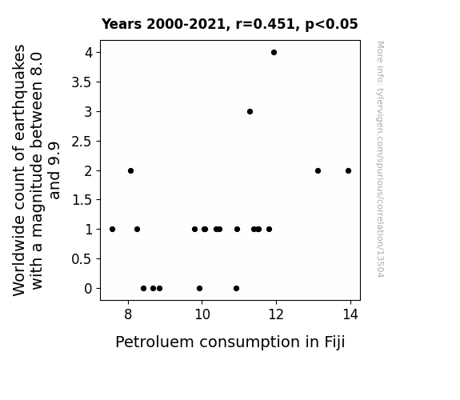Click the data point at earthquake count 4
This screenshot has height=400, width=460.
(274, 53)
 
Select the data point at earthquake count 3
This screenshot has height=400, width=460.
(250, 111)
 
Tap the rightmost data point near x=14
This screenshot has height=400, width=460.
(348, 170)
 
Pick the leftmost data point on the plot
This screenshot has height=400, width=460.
(112, 230)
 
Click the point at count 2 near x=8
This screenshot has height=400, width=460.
(131, 170)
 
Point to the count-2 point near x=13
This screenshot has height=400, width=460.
(318, 170)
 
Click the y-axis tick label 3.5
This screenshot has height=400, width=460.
(82, 82)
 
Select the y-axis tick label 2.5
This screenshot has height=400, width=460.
(82, 142)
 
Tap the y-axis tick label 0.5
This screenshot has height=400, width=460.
(82, 259)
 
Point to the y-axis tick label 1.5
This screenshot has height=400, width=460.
(82, 200)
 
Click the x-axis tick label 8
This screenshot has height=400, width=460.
(128, 314)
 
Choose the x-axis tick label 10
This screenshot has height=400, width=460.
(202, 314)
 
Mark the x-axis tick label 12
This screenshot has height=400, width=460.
(276, 314)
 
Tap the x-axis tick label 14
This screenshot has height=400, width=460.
(350, 314)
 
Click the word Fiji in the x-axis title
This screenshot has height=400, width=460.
(334, 342)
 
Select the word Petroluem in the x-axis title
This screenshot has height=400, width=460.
(154, 342)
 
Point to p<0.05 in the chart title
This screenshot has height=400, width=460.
(331, 25)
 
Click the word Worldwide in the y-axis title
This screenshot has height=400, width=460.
(19, 256)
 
